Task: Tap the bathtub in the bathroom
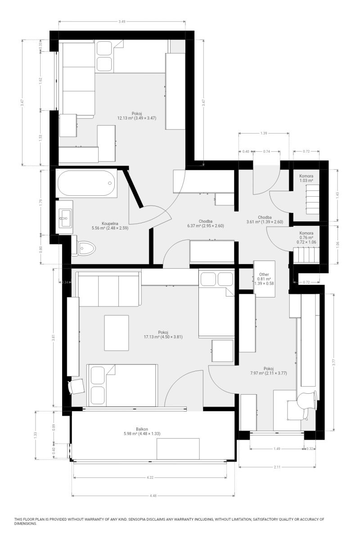pyautogui.click(x=86, y=183)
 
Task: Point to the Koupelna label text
pyautogui.click(x=110, y=224)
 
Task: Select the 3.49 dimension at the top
pyautogui.click(x=122, y=22)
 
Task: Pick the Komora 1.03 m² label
pyautogui.click(x=306, y=178)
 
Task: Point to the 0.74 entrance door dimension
pyautogui.click(x=266, y=151)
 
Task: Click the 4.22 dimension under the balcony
pyautogui.click(x=150, y=477)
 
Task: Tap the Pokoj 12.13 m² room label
pyautogui.click(x=137, y=116)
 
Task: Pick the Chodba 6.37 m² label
pyautogui.click(x=206, y=224)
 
